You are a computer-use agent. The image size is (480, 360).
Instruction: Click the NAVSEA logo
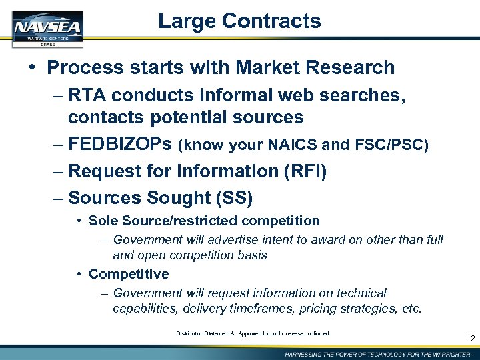[47, 29]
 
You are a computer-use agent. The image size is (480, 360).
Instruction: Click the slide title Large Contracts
[239, 21]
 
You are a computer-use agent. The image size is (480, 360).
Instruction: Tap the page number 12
[471, 339]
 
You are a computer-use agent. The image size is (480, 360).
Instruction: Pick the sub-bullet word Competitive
[128, 274]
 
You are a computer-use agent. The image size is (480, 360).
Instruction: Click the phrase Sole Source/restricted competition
[204, 221]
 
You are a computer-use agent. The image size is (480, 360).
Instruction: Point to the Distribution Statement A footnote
[252, 333]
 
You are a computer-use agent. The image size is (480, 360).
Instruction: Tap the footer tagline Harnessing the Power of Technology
[377, 353]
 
